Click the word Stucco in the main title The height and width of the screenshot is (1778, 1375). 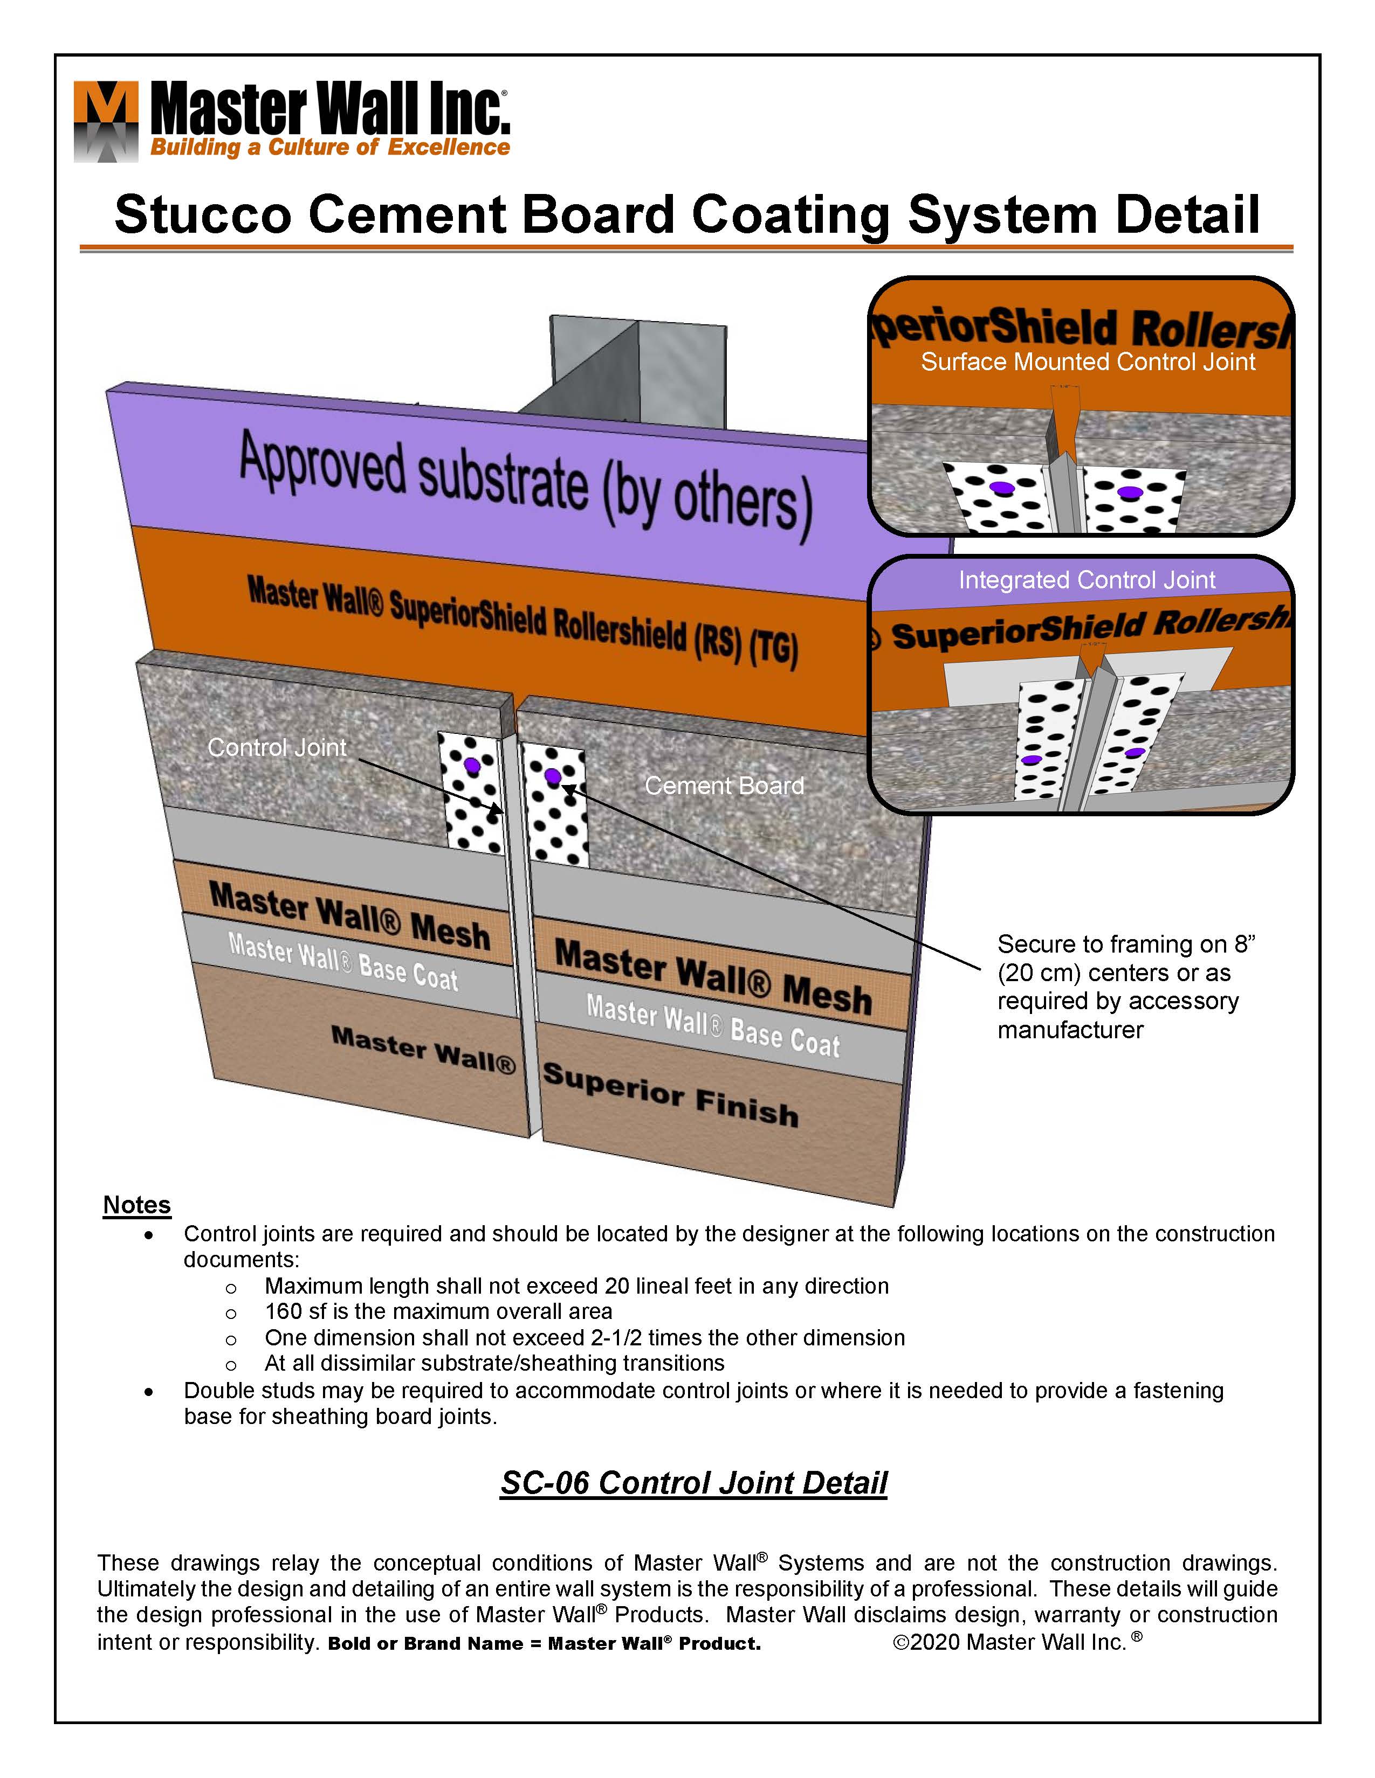(202, 215)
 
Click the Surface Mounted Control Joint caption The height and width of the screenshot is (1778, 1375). (1088, 362)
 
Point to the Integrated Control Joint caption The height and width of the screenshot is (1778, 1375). (1086, 580)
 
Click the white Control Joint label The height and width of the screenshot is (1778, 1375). (277, 747)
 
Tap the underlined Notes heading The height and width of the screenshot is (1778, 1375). (137, 1205)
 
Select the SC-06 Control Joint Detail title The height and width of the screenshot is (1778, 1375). (693, 1483)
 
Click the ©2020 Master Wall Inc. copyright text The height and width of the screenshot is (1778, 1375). (1016, 1642)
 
